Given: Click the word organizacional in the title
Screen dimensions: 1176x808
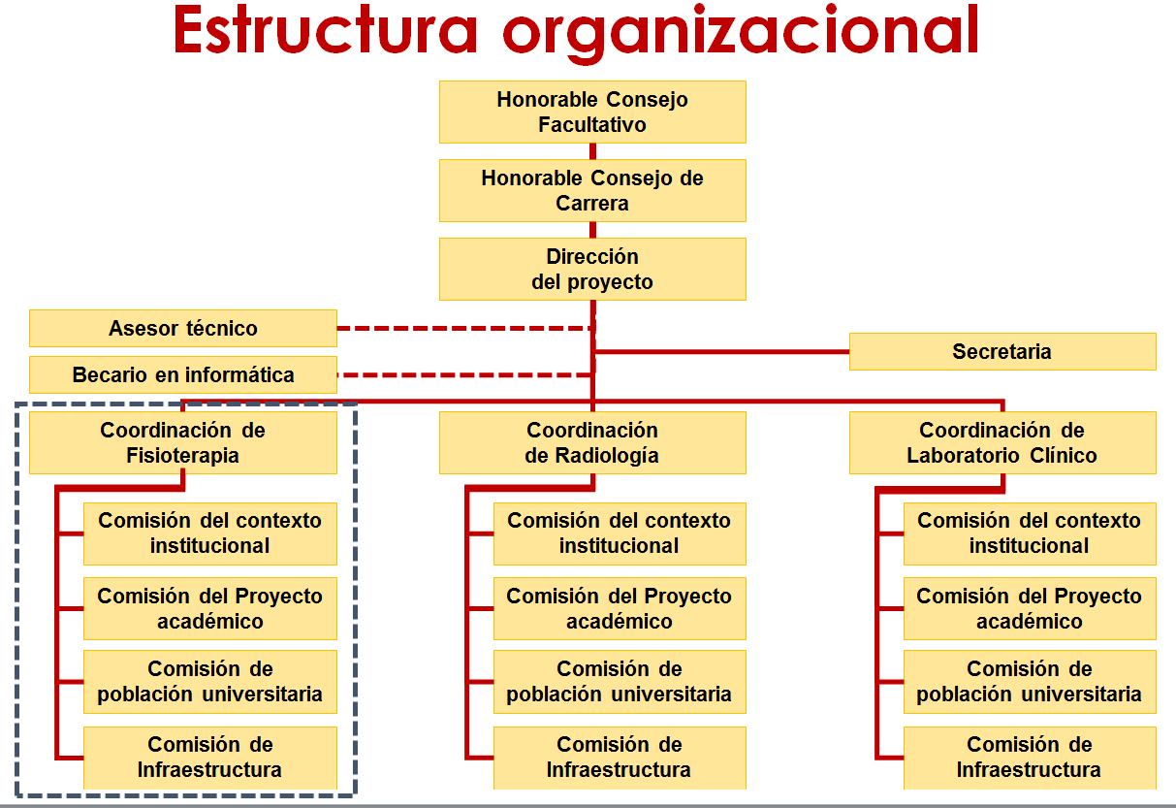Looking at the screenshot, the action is click(x=741, y=34).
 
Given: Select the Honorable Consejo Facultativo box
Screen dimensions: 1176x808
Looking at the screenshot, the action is click(x=592, y=112).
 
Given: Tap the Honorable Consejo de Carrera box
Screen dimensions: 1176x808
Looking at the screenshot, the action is click(x=592, y=191).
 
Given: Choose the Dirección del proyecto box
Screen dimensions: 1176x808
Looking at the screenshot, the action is click(x=592, y=269).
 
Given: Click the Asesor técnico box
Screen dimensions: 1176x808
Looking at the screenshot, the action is click(x=183, y=329).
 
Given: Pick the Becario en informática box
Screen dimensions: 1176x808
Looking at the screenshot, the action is click(x=183, y=375).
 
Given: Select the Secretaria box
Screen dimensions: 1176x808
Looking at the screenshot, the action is click(x=1002, y=351).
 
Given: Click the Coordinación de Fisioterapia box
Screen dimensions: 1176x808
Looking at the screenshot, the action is click(x=183, y=443).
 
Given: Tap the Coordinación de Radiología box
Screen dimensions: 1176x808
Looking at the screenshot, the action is click(x=592, y=443).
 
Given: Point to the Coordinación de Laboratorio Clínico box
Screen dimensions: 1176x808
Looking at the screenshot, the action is click(x=1002, y=443).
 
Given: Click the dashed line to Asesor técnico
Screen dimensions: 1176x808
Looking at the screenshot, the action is click(x=465, y=329).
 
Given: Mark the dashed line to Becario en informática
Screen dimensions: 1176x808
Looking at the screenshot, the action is click(x=465, y=375).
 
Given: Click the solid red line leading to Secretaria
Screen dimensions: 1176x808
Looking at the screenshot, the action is click(x=722, y=351).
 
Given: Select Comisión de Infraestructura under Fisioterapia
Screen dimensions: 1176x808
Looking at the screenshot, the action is click(x=210, y=758).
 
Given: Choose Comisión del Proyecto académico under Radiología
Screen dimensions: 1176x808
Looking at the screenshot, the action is click(x=620, y=608).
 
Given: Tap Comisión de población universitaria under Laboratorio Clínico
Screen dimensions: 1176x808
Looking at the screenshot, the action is click(x=1030, y=682).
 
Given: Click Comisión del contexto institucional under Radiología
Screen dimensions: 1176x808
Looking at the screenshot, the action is click(x=620, y=533).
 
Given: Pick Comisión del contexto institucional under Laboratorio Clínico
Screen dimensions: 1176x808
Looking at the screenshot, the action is click(x=1030, y=533).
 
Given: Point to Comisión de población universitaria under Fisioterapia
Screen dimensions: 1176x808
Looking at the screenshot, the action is click(x=210, y=682).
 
